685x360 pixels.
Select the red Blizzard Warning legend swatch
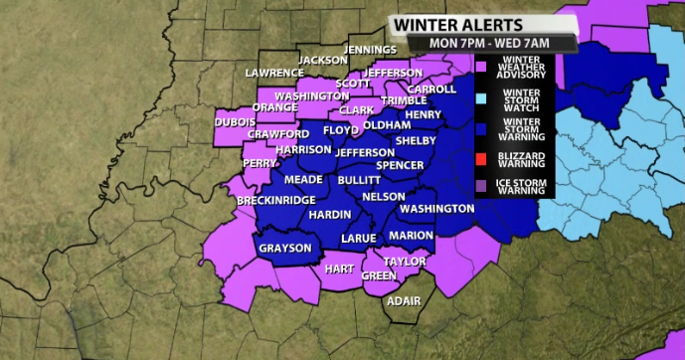click(x=480, y=159)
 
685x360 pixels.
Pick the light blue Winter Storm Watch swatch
click(x=480, y=97)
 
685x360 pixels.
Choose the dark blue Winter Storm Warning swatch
click(x=480, y=128)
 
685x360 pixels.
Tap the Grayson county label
click(x=285, y=248)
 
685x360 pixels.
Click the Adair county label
click(x=403, y=300)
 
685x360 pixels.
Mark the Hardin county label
click(x=327, y=214)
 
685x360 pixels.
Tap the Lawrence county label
click(x=275, y=73)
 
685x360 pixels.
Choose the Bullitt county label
click(x=359, y=181)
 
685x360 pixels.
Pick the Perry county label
click(x=259, y=163)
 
